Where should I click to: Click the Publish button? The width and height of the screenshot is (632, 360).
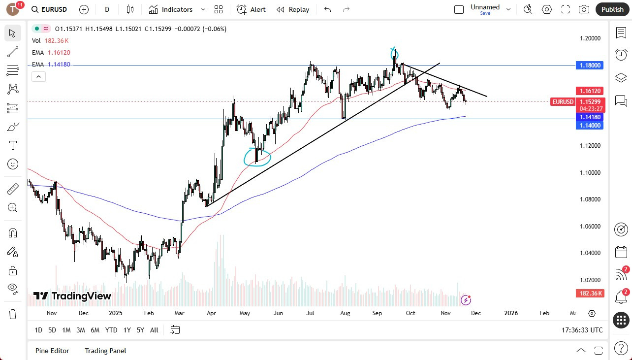pos(612,9)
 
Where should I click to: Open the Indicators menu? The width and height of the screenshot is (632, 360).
pos(177,9)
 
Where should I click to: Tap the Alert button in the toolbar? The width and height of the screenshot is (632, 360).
pos(251,9)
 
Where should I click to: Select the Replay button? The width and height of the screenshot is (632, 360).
pos(293,9)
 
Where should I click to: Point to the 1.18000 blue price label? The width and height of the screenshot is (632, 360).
pos(590,65)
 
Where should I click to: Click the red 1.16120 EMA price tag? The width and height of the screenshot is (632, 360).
pos(590,91)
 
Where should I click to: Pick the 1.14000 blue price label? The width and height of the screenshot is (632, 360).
pos(590,126)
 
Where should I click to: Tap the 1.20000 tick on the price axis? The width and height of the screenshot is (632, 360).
pos(590,38)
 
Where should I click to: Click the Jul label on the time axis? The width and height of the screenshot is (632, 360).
pos(311,313)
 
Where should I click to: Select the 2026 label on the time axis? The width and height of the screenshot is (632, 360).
pos(511,313)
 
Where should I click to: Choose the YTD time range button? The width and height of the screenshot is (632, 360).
pos(111,330)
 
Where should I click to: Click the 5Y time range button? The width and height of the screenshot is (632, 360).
pos(140,330)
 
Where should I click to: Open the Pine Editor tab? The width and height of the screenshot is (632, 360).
pos(52,351)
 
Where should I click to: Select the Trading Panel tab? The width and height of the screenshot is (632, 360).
pos(105,351)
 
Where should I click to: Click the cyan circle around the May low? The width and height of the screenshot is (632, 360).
pos(257,157)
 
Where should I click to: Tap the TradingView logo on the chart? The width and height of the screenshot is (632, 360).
pos(72,296)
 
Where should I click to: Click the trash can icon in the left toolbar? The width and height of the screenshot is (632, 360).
pos(13,314)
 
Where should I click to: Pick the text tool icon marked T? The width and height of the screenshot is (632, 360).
pos(13,145)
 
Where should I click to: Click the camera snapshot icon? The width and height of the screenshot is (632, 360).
pos(584,9)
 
